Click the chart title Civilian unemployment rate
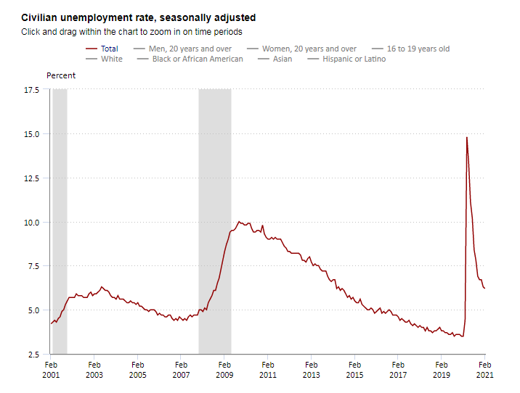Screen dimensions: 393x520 click(x=138, y=17)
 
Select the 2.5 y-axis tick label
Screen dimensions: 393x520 click(x=33, y=355)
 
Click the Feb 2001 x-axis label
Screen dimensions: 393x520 click(x=51, y=370)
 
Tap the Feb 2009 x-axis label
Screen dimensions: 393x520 click(x=224, y=370)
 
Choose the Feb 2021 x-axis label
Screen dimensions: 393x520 click(x=484, y=370)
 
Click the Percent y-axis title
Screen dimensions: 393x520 click(x=61, y=75)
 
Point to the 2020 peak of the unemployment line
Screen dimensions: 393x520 click(x=466, y=137)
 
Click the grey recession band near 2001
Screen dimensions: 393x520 click(x=60, y=218)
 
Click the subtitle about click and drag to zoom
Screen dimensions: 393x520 click(x=131, y=32)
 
